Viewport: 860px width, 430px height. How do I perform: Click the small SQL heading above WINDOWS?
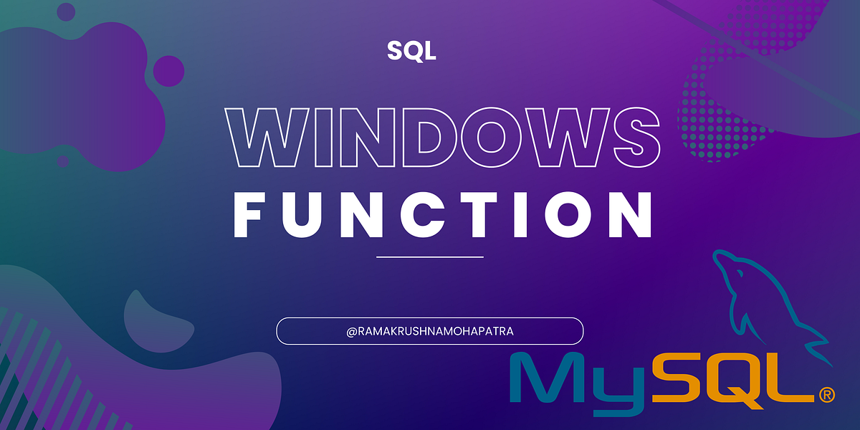pos(411,51)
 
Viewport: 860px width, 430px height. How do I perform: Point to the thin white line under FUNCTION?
pos(430,256)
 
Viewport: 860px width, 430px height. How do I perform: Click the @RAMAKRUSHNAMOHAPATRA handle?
pos(430,332)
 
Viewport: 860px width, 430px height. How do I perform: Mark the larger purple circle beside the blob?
pos(169,70)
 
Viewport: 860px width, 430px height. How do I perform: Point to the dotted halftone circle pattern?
pos(724,107)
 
